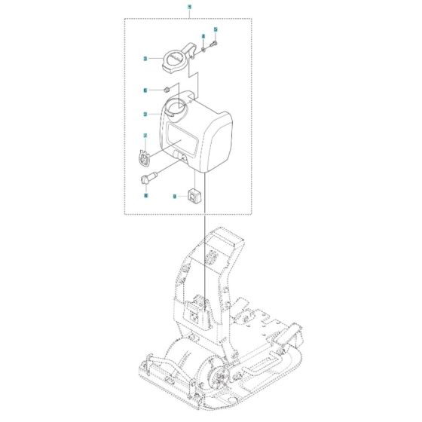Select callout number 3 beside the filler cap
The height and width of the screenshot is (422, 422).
[144, 57]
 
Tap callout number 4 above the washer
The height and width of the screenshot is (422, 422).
[203, 37]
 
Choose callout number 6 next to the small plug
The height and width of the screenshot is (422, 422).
[144, 90]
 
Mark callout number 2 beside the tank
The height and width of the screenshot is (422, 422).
[144, 115]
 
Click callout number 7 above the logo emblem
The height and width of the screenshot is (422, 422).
[144, 136]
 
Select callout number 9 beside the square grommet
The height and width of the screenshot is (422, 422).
[174, 195]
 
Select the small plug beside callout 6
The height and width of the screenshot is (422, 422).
[165, 90]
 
